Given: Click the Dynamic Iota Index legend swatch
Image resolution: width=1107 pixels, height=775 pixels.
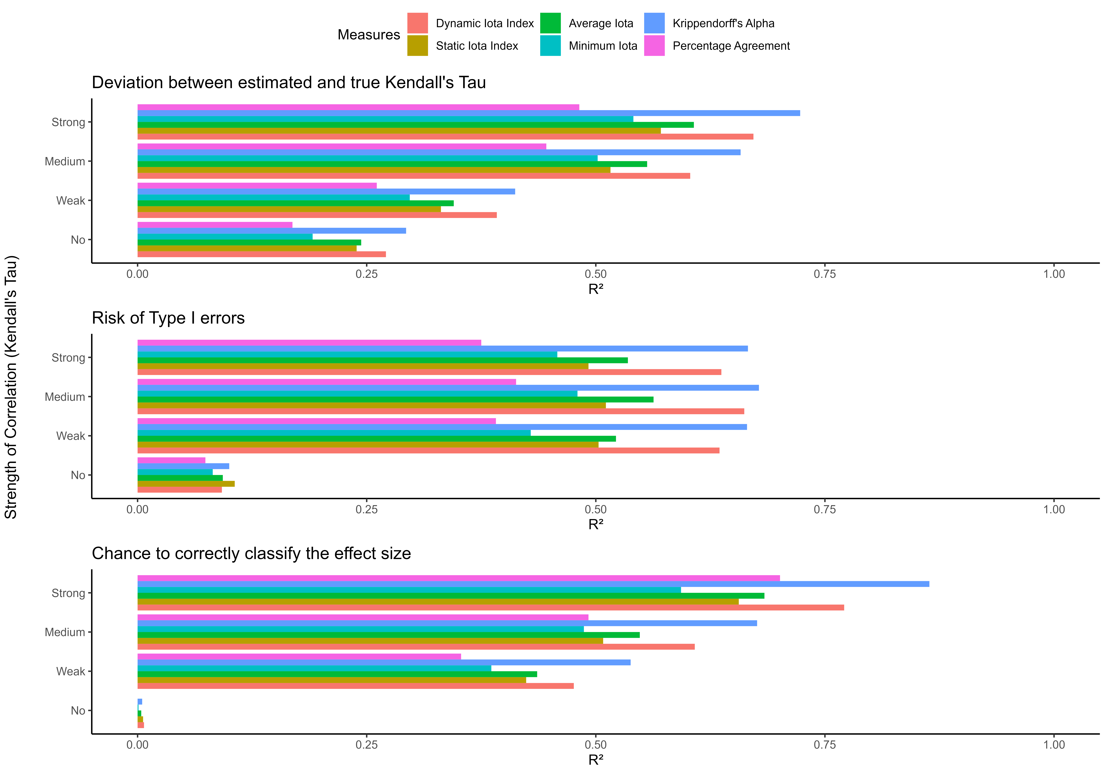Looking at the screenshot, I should pos(417,23).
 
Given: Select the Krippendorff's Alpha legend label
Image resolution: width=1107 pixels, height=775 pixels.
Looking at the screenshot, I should pos(723,23).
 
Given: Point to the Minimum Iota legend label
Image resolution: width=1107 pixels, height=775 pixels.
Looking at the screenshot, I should pos(603,46).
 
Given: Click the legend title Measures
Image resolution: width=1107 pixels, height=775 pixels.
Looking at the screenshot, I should pos(368,35).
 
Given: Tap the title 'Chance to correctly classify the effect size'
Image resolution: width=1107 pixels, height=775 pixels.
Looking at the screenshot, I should pos(251,553).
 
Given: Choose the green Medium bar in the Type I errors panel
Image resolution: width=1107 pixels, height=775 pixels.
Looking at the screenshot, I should pos(395,399).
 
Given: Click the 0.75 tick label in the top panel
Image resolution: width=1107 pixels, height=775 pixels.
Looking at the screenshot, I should pos(824,274).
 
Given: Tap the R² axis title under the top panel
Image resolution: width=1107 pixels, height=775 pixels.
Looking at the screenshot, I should pos(596,289).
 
